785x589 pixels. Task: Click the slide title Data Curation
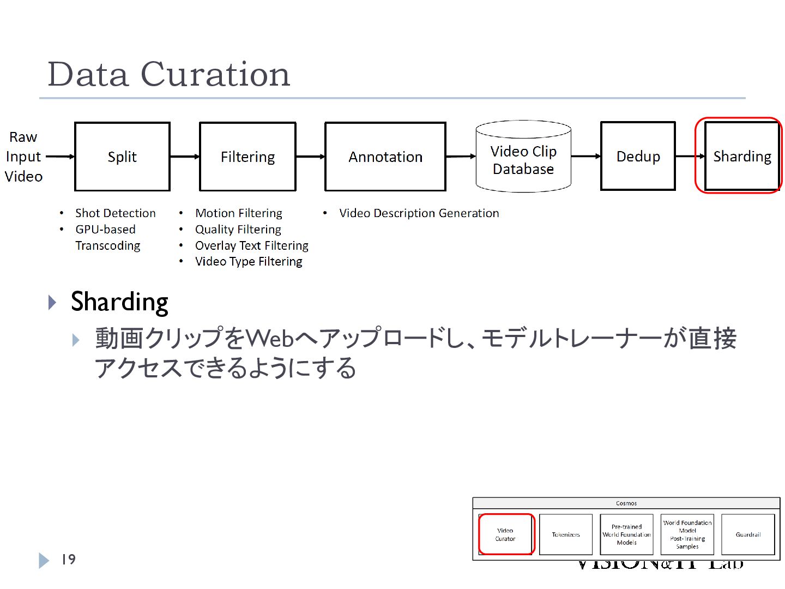169,74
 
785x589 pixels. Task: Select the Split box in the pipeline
122,157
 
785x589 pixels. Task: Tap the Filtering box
247,157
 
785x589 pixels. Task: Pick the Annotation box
385,157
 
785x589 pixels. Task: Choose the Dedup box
638,157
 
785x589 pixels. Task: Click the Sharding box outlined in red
741,157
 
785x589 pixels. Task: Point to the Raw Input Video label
23,157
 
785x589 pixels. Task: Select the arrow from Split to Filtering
185,157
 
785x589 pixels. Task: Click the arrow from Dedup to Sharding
690,157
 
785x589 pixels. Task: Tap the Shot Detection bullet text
116,213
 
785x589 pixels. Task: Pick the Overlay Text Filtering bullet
251,245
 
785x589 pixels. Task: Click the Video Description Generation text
419,213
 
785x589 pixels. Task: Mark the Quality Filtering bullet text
238,230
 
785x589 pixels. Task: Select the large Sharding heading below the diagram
119,302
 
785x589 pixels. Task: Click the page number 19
68,560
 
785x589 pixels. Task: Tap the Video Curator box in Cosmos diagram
505,534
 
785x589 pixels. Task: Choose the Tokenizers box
565,534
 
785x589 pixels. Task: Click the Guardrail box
748,534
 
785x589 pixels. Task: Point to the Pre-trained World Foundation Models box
626,534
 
